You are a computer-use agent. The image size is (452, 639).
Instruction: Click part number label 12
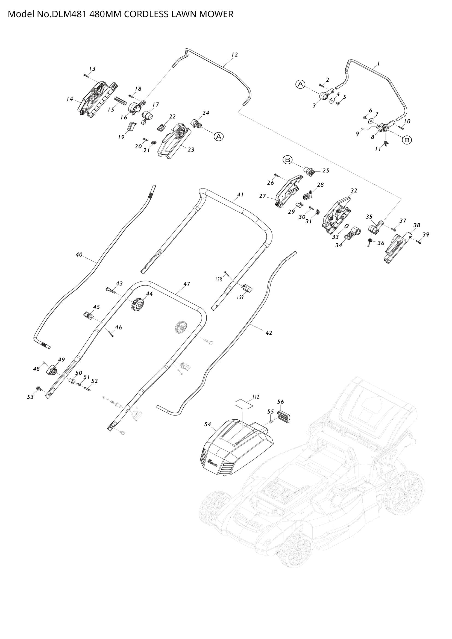coord(235,55)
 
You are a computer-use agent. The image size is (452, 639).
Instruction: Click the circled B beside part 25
coord(288,160)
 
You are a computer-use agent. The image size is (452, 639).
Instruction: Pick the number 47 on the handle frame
coord(187,284)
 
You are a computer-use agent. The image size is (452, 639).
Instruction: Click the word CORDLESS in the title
coord(146,14)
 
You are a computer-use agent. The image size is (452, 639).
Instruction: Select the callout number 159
coord(240,297)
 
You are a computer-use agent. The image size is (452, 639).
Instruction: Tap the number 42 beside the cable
coord(269,333)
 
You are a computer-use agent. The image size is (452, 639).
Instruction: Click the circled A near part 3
coord(300,84)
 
